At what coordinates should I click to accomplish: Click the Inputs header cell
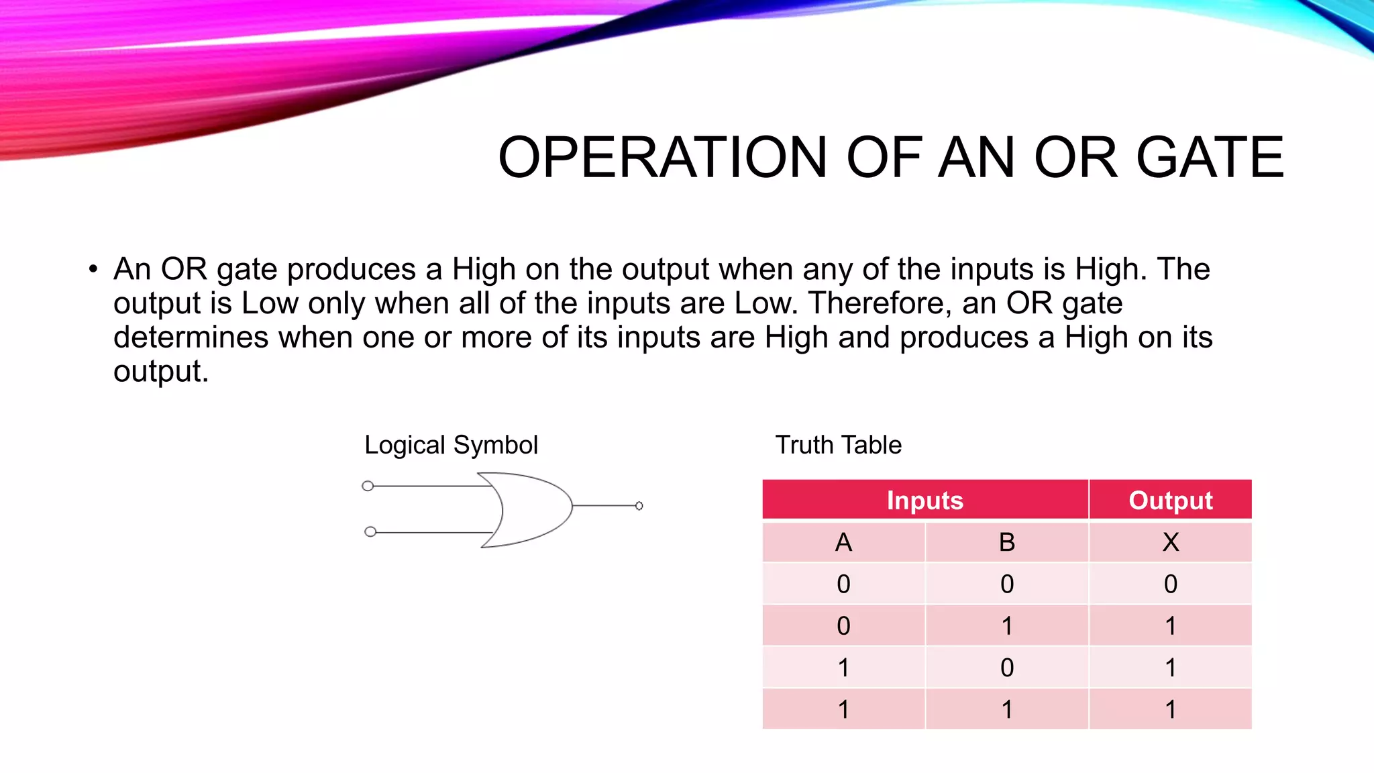tap(924, 501)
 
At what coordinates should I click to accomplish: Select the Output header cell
tap(1170, 501)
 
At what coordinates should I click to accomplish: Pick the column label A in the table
tap(843, 542)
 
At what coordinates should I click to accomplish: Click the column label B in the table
tap(1006, 542)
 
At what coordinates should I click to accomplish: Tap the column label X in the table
tap(1170, 542)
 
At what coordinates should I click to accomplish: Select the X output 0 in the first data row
tap(1170, 584)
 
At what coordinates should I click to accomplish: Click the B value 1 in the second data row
tap(1006, 626)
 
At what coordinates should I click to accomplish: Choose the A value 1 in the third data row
tap(843, 668)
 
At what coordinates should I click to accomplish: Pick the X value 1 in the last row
tap(1170, 709)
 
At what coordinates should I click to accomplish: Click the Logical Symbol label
tap(451, 445)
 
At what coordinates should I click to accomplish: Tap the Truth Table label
tap(838, 445)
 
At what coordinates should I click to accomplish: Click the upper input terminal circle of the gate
tap(368, 486)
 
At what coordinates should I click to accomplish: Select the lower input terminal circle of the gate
tap(370, 532)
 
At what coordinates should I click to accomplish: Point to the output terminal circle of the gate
tap(639, 506)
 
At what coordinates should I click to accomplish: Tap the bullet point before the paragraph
tap(93, 270)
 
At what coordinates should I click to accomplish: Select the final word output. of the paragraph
tap(160, 372)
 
